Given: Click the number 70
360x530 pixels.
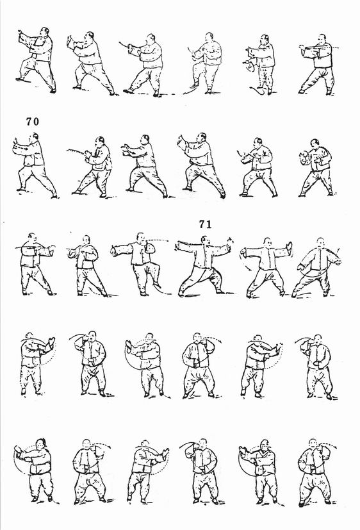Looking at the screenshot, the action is pos(33,121).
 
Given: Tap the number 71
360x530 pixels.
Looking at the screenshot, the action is pos(206,224).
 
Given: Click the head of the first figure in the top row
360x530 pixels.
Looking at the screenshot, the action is pos(44,31).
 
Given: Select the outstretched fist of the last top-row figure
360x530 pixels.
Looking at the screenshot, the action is pos(302,50).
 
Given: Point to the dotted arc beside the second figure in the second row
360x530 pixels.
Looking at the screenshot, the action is pos(76,151).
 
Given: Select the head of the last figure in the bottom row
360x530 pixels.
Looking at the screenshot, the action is pos(313,444).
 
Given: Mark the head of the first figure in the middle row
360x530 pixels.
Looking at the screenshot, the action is pos(33,237).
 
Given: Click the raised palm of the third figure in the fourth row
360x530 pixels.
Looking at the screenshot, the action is pos(129,345).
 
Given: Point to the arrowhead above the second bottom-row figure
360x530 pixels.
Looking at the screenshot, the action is pos(110,447).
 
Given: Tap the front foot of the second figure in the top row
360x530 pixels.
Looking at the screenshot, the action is pos(77,88).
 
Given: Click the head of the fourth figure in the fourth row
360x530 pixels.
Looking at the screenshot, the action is pos(197,337).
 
